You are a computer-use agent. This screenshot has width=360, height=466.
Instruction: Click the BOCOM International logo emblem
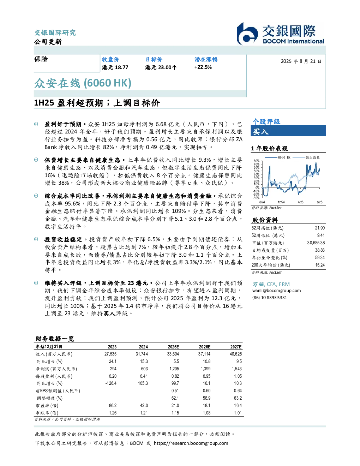[247, 34]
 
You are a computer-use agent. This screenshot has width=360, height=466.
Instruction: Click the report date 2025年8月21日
[301, 61]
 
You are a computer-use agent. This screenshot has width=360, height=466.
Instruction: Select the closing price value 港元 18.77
[115, 67]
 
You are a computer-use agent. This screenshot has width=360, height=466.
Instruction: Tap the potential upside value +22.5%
[203, 67]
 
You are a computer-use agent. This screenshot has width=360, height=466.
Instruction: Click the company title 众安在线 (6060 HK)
[83, 83]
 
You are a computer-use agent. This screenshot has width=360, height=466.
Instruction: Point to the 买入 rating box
[288, 131]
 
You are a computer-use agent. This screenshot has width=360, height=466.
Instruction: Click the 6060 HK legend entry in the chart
[277, 157]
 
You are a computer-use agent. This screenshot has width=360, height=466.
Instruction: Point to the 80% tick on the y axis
[257, 161]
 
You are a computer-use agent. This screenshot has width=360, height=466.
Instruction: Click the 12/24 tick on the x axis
[281, 202]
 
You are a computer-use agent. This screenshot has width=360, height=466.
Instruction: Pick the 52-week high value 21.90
[320, 228]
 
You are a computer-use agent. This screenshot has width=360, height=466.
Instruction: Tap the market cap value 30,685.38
[316, 243]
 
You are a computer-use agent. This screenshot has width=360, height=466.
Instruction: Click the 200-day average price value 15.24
[320, 265]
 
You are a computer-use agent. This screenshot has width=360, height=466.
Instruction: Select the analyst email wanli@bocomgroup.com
[276, 291]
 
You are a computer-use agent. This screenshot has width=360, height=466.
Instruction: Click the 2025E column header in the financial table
[173, 347]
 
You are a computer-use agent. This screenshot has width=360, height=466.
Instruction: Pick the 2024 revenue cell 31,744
[142, 354]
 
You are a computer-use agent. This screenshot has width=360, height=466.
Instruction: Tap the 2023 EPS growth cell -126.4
[111, 383]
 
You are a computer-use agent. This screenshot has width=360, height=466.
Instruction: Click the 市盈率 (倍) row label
[47, 406]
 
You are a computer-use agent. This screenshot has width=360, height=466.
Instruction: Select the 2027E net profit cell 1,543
[237, 369]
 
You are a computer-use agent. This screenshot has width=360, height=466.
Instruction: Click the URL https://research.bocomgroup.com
[191, 443]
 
